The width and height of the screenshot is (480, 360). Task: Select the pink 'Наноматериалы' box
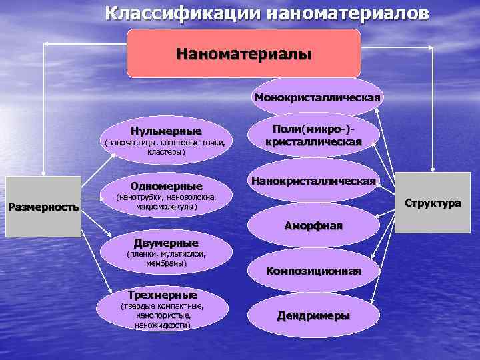point(244,53)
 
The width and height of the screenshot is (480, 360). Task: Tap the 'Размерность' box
point(43,207)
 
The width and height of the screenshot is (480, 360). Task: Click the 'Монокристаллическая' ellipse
point(317,98)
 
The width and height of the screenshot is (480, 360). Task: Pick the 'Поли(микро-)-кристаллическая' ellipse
point(313,135)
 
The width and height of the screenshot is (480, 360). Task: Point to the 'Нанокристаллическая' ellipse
point(313,181)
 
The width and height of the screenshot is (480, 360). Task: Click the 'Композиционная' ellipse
point(313,271)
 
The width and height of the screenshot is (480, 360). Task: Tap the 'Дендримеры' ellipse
point(313,315)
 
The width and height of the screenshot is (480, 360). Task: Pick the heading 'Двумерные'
point(166,243)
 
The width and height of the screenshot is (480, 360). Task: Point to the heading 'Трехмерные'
point(163,294)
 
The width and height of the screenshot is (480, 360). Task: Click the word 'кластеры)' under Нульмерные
point(166,153)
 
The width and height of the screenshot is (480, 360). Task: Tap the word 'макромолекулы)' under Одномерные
point(165,207)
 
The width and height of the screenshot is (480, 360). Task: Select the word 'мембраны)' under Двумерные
point(166,264)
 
